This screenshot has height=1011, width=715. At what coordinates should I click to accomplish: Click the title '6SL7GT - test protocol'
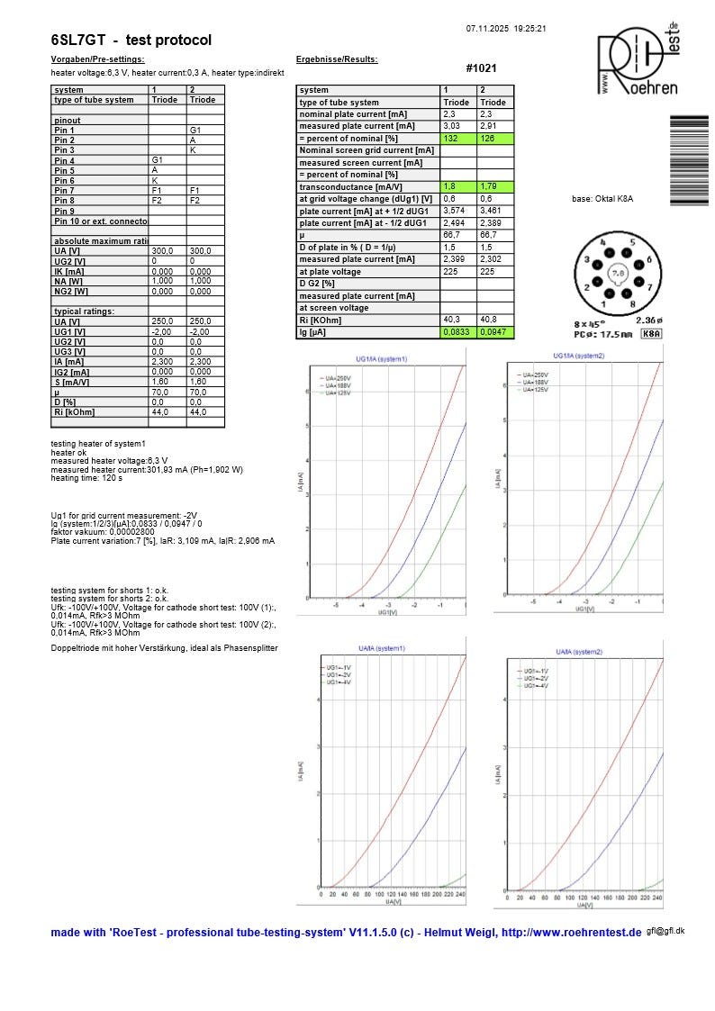[131, 41]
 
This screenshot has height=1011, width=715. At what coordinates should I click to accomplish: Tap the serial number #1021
[481, 68]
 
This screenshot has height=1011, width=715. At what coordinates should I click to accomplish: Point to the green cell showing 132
[458, 139]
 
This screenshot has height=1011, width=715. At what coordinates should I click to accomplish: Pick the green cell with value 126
[495, 139]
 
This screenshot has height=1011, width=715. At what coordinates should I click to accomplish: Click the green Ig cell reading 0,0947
[495, 332]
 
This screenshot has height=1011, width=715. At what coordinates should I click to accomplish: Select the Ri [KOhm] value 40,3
[458, 320]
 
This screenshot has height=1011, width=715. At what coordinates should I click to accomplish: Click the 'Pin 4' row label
[65, 160]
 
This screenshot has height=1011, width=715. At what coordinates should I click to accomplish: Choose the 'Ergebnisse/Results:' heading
[337, 59]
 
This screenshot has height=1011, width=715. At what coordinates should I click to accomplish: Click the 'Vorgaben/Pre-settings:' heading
[97, 59]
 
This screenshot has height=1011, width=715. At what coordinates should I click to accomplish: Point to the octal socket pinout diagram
[618, 271]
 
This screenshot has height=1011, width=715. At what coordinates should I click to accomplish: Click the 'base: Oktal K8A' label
[602, 198]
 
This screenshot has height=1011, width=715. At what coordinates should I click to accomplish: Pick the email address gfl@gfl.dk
[665, 931]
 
